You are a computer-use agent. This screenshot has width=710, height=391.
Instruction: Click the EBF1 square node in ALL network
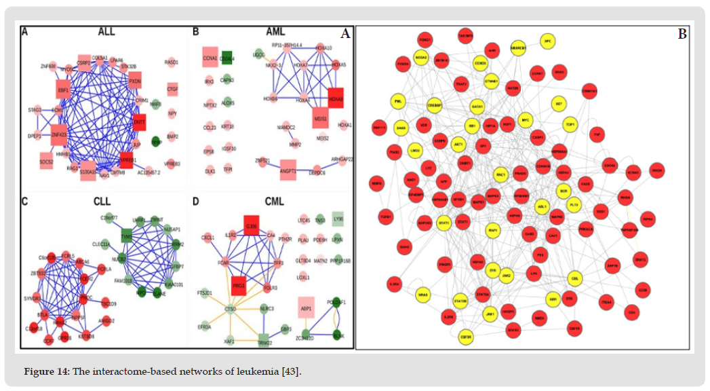click(64, 90)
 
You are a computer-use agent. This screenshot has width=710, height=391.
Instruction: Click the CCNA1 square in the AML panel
click(210, 59)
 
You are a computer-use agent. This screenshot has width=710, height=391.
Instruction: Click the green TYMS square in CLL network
click(126, 236)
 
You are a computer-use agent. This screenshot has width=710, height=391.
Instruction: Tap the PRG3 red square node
click(239, 286)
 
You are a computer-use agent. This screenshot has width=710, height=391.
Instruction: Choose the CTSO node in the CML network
click(231, 308)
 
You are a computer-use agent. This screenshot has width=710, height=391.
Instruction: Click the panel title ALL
click(106, 32)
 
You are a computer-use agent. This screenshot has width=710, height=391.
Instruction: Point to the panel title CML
click(275, 201)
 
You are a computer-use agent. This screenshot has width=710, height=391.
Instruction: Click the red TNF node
click(597, 134)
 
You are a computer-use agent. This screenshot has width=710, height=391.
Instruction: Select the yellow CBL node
click(575, 277)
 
